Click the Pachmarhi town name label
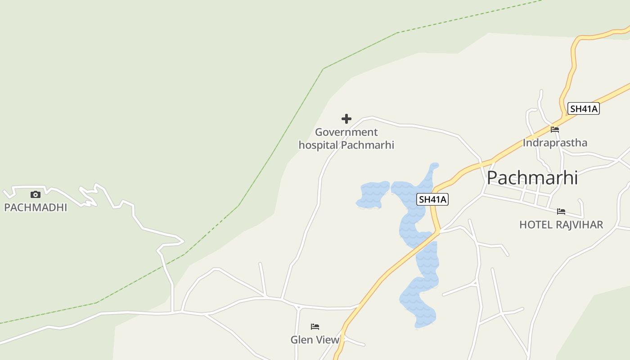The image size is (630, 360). (x=532, y=178)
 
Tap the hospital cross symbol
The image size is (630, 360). (x=346, y=119)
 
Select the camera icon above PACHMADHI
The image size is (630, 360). (x=36, y=194)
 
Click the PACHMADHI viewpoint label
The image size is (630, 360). (x=36, y=207)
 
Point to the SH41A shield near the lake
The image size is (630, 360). (x=433, y=199)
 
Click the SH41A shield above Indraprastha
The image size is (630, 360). (x=584, y=108)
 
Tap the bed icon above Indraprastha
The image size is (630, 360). (x=555, y=130)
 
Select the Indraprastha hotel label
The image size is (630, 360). (x=555, y=143)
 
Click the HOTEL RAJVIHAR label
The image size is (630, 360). (x=561, y=225)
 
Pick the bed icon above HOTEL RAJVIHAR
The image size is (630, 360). (x=561, y=211)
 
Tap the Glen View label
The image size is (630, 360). (x=315, y=340)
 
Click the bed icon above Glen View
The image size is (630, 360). (x=315, y=327)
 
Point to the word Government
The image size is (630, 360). (x=346, y=132)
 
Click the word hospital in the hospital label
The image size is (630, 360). (x=318, y=145)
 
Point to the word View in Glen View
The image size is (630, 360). (x=327, y=340)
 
